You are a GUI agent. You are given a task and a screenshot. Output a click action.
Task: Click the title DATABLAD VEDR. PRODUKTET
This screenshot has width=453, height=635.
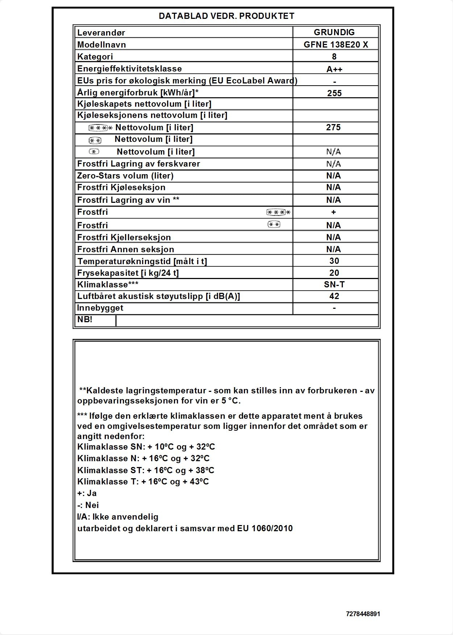tap(226, 16)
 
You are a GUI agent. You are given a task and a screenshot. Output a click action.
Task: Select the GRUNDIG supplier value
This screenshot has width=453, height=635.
tap(334, 32)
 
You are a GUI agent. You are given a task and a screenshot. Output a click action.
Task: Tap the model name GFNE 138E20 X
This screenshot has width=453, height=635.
tap(336, 45)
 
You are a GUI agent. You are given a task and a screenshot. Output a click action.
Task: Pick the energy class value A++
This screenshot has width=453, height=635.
tap(334, 69)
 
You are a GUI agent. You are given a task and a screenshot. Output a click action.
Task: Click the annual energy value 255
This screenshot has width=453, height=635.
tap(334, 93)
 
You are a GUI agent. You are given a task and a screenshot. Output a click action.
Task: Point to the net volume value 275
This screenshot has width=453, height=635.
tap(333, 127)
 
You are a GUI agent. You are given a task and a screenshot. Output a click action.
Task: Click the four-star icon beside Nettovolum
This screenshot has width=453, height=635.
tap(100, 128)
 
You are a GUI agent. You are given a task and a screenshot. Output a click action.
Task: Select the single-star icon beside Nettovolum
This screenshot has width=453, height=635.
tap(94, 152)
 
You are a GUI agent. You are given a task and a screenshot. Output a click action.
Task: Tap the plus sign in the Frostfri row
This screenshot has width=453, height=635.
tap(333, 212)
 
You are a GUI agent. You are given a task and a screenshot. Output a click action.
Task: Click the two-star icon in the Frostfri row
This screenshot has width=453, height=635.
tap(274, 225)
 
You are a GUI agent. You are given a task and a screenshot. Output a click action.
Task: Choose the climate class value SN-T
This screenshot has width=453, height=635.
tap(334, 284)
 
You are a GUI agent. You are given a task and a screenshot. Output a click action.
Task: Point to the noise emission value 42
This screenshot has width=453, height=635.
tap(334, 296)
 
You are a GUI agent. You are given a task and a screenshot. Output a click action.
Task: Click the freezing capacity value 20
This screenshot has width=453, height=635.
tap(334, 273)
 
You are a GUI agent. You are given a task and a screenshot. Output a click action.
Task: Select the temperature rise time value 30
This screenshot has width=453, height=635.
tap(334, 261)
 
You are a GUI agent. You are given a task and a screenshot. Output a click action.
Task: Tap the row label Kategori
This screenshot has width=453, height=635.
tap(95, 57)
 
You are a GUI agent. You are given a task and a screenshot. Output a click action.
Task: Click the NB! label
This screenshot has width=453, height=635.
tap(85, 320)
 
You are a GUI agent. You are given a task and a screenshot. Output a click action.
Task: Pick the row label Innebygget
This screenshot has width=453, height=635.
tap(100, 308)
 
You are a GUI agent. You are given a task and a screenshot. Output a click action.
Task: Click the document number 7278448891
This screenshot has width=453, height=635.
tap(363, 614)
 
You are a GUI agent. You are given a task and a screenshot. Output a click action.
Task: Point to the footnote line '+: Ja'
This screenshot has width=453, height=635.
tap(87, 493)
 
